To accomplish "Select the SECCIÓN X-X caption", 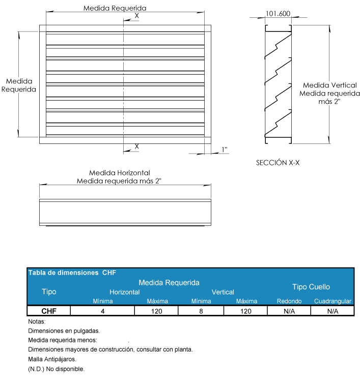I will coord(277,163).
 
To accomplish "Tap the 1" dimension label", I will coord(225,150).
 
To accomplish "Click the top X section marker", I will coord(136,16).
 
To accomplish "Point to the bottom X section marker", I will coord(136,146).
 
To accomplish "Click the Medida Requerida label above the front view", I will coord(115,8).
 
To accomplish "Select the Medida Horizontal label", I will coord(120,173).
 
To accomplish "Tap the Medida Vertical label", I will coord(329,85).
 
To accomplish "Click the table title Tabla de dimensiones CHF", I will coord(72,273).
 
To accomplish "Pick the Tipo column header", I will coord(49,292).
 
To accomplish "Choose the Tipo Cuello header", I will coord(311,287).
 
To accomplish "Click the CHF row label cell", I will coord(49,311).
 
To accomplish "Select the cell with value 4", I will coord(103,311).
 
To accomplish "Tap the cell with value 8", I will coord(201,311).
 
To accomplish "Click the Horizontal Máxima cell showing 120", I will coord(157,311).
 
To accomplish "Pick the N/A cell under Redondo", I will coord(289,311).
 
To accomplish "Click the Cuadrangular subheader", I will coord(333,301).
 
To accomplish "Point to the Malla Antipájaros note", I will coord(52,359).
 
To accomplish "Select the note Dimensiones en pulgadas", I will coord(64,331).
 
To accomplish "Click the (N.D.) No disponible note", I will coord(56,369).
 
